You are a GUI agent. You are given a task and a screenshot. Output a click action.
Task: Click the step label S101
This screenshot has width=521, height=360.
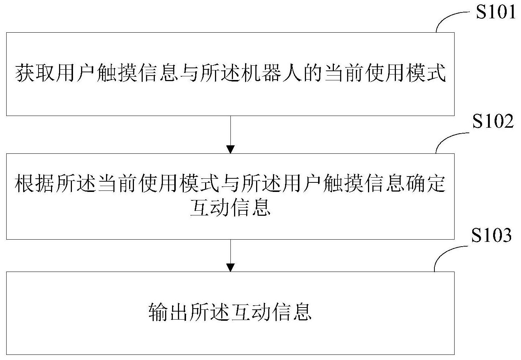coord(496,12)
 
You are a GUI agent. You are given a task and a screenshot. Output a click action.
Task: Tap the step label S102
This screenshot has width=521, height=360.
coord(493,121)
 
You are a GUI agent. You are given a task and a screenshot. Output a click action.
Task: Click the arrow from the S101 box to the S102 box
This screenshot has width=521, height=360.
coord(230,135)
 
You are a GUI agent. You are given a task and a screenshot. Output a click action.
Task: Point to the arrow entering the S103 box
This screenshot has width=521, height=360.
coord(230,255)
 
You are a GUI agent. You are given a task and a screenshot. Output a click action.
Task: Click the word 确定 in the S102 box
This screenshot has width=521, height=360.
coord(425,183)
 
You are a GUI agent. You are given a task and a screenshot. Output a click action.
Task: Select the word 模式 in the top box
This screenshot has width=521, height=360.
coord(425,73)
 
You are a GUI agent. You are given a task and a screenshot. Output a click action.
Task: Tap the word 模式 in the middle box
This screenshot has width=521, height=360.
coord(200,183)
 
